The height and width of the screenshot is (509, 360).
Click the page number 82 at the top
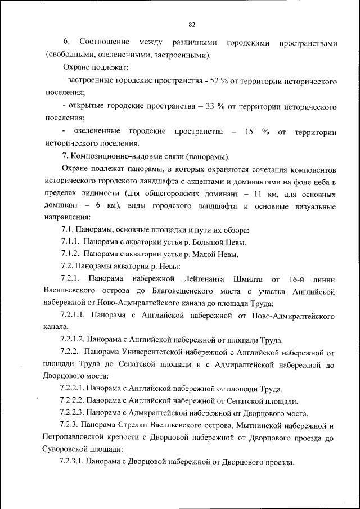[x=192, y=25]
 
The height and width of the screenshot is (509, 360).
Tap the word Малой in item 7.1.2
[x=201, y=254]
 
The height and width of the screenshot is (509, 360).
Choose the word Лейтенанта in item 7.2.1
[x=202, y=279]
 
